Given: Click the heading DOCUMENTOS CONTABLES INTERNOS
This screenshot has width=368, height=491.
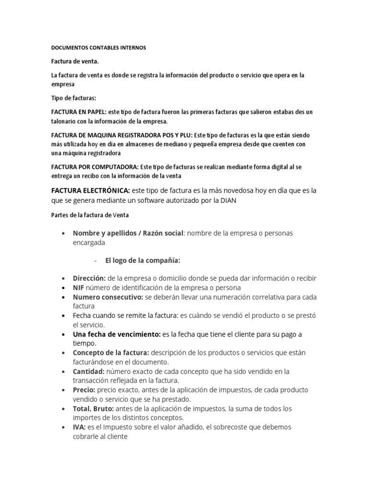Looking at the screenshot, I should (x=98, y=48).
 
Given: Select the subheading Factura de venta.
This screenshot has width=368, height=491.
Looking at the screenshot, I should (x=76, y=62).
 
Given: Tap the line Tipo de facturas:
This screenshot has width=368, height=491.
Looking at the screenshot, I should (x=73, y=98).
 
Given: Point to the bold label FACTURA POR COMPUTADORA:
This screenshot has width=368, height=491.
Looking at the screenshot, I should (x=94, y=167).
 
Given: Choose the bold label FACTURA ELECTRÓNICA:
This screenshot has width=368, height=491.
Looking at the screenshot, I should (x=91, y=190).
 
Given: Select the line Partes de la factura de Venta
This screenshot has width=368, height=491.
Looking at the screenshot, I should (x=90, y=215).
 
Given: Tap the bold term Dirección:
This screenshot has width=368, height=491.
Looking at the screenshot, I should (x=89, y=278).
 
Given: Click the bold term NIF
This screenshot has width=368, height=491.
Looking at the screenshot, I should (x=79, y=288).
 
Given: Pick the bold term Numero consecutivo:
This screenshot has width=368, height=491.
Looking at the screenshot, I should (x=108, y=297).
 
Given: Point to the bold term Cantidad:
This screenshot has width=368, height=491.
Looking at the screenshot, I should (x=89, y=372).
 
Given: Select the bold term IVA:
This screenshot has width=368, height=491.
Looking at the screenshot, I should (x=79, y=427).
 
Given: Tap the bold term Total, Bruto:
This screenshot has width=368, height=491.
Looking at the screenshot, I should (x=93, y=409).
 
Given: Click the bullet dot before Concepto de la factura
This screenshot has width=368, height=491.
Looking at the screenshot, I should (x=64, y=353).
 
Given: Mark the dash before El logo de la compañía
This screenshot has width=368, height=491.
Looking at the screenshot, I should (x=96, y=260).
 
